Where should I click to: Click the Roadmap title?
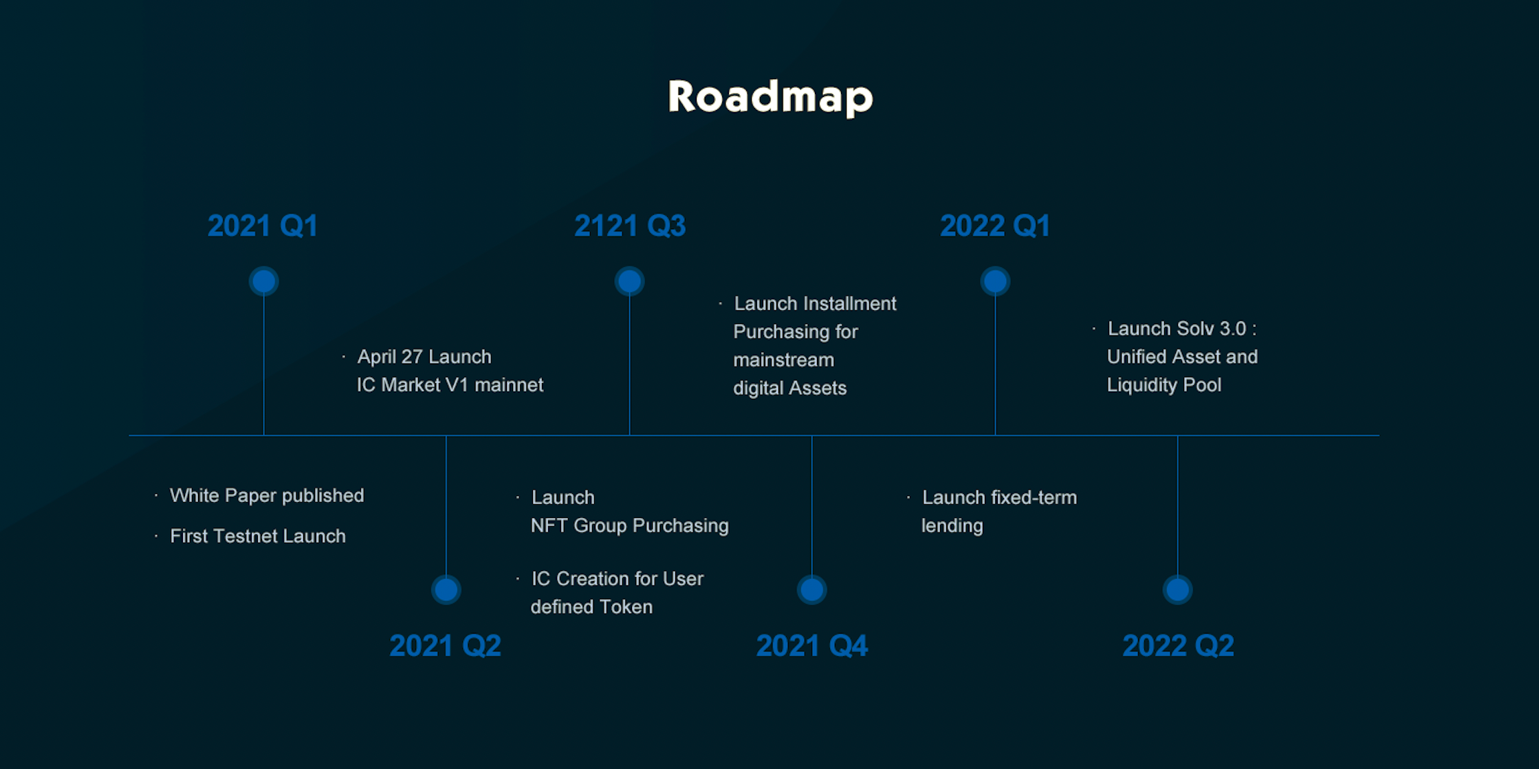(x=770, y=97)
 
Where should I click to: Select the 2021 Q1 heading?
(x=263, y=226)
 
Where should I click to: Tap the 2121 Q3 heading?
(x=629, y=226)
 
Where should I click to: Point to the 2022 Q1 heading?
(x=995, y=226)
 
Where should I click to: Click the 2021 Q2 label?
(x=445, y=645)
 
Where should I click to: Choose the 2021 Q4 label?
(x=811, y=645)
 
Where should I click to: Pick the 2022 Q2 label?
(x=1178, y=645)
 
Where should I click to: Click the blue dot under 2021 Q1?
(x=263, y=281)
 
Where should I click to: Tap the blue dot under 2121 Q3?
(x=629, y=281)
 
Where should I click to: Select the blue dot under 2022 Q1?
(x=995, y=281)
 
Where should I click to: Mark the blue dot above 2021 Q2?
(x=446, y=589)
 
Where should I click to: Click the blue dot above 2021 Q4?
(x=811, y=589)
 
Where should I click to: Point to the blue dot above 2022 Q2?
(x=1177, y=589)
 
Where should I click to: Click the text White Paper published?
(x=267, y=495)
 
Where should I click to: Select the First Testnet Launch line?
(x=258, y=536)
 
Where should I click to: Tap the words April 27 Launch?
(x=424, y=356)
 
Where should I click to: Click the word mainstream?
(x=783, y=360)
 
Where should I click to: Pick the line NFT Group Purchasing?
(x=629, y=526)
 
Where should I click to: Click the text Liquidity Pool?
(x=1164, y=384)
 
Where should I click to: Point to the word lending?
(x=952, y=526)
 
